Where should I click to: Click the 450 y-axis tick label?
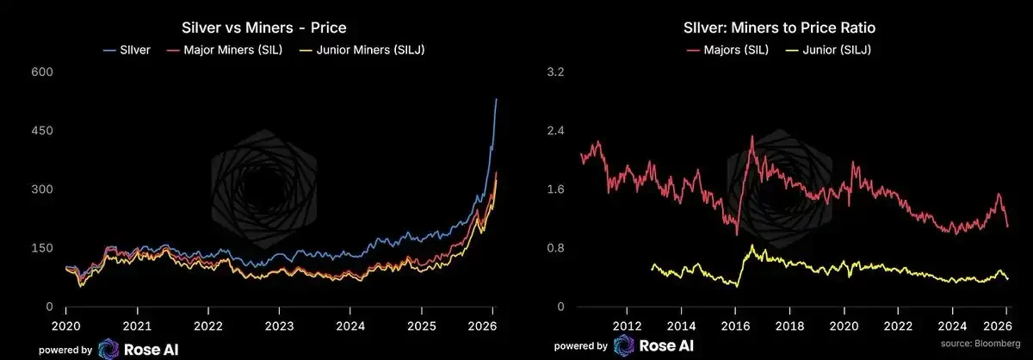coord(42,130)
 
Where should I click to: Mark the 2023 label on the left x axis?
coord(278,326)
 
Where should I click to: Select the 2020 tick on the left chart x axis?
coord(65,326)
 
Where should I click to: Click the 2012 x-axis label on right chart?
coord(627,326)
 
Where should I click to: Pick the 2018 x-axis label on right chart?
coord(790,326)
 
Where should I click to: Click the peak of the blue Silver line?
coord(496,99)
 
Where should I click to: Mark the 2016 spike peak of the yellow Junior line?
coord(753,245)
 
